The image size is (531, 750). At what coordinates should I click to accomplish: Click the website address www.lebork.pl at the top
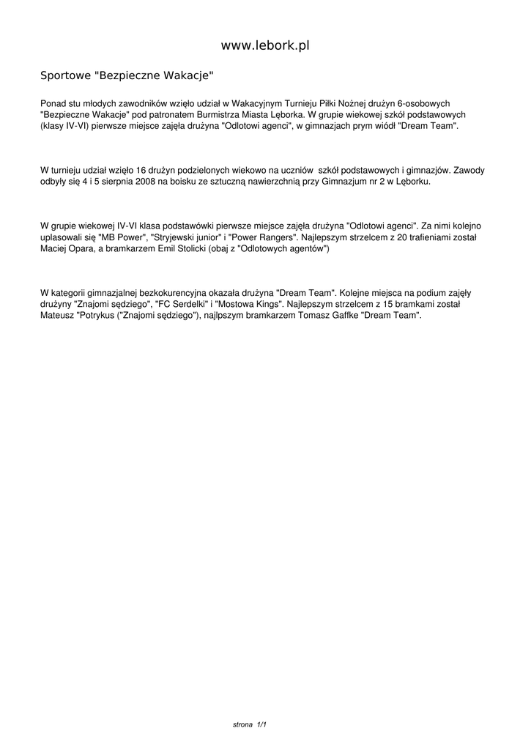click(x=265, y=45)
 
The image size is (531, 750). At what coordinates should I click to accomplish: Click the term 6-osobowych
click(x=428, y=104)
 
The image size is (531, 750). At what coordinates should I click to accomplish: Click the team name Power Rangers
click(x=263, y=238)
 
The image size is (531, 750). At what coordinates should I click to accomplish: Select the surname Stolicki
click(x=182, y=249)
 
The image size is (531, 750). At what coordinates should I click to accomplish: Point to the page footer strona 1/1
click(x=249, y=724)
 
